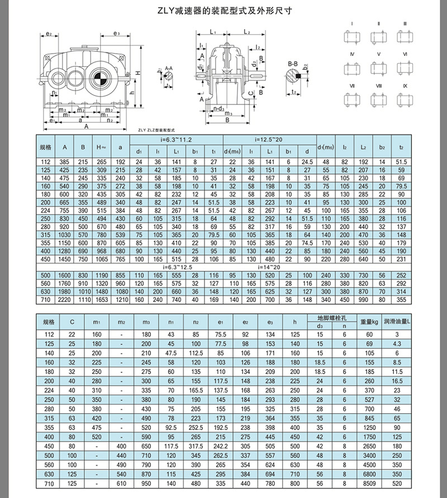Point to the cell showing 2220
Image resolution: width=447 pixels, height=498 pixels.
65,300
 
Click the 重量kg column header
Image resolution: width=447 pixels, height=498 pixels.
369,322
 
